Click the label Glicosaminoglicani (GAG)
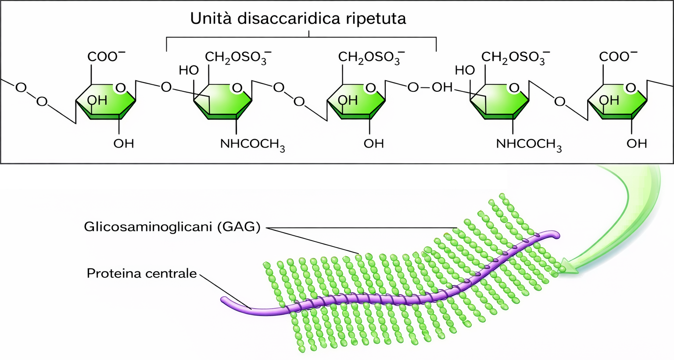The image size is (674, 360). [172, 227]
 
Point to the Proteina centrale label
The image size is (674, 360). [142, 274]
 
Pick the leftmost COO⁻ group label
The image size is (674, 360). [106, 57]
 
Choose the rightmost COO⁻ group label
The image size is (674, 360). [618, 57]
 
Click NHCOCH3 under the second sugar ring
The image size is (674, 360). [252, 144]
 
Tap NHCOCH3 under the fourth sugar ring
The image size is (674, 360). [529, 144]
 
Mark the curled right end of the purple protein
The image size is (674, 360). [556, 235]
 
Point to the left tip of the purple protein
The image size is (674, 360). [225, 300]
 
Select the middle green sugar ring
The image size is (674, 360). [357, 101]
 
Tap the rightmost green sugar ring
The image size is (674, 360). [617, 101]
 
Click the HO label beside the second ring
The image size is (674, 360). [189, 70]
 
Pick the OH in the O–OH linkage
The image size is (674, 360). [442, 87]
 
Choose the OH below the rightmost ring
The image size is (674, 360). [636, 144]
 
